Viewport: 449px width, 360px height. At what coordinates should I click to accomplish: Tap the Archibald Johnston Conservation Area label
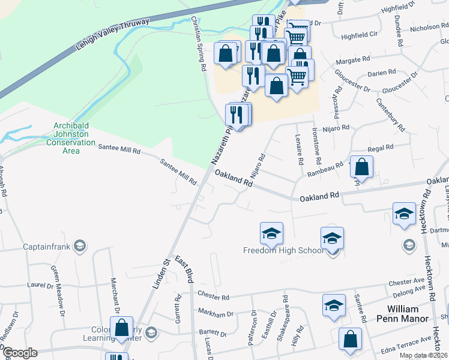(x=71, y=138)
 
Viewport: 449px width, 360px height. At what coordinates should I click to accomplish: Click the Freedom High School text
(x=283, y=250)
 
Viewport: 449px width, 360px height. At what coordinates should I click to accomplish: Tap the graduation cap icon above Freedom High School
(x=271, y=233)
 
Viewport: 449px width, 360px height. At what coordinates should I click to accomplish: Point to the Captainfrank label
(x=46, y=246)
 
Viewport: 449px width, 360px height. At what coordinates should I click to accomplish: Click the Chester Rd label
(x=213, y=296)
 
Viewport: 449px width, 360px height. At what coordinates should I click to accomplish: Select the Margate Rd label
(x=353, y=61)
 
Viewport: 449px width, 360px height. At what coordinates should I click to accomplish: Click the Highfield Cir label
(x=359, y=35)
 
